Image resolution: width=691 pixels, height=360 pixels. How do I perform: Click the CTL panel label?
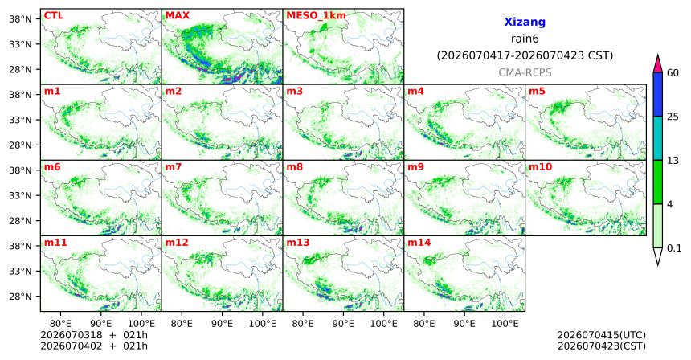[54, 15]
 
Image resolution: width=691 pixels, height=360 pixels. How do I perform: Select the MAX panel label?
[177, 15]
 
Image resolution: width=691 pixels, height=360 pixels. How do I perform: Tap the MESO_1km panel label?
[316, 16]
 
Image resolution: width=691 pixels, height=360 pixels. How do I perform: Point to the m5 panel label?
[537, 92]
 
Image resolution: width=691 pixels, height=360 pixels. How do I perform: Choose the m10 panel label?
[540, 167]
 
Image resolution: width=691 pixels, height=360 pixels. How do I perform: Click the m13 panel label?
[298, 243]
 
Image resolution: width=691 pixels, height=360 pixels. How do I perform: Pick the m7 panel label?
[174, 167]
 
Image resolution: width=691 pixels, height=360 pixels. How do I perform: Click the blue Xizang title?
[525, 22]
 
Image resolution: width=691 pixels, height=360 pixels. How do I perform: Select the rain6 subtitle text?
[525, 39]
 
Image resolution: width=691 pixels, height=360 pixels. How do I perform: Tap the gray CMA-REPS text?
[525, 72]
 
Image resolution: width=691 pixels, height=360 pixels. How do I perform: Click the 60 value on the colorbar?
[673, 72]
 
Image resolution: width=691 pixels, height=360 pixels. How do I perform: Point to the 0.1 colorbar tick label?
[674, 248]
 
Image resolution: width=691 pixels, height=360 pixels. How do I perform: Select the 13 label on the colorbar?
[673, 161]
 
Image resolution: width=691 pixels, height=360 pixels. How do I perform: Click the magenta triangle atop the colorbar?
[657, 64]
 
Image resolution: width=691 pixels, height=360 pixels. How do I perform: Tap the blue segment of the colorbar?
[657, 94]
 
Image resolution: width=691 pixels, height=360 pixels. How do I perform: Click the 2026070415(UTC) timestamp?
[602, 336]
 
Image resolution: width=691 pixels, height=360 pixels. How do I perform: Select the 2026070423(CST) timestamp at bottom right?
[602, 346]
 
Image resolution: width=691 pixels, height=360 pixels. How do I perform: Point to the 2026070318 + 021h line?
[94, 335]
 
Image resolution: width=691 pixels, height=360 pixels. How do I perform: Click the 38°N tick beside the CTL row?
[20, 18]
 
